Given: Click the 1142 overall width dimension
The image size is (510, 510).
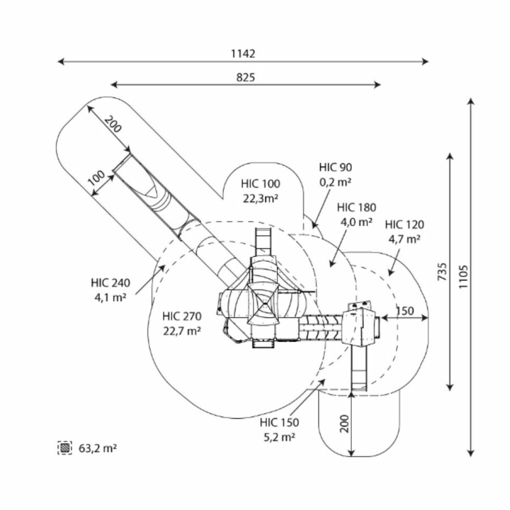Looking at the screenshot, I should (x=243, y=54).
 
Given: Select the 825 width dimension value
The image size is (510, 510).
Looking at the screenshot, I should (x=245, y=78).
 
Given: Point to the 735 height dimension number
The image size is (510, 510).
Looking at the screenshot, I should (x=443, y=273).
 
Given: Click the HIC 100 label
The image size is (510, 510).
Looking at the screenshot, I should (x=260, y=184).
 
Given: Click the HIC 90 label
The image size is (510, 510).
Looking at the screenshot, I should (x=335, y=167).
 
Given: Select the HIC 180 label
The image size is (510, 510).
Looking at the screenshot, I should (x=356, y=208).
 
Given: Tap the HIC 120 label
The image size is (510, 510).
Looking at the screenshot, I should (x=404, y=225).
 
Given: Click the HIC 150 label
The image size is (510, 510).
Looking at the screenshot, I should (x=279, y=423).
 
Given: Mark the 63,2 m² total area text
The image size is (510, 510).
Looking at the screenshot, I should (x=97, y=448).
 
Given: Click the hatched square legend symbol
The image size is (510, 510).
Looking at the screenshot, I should (x=65, y=448).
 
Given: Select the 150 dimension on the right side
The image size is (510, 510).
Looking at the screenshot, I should (x=405, y=311).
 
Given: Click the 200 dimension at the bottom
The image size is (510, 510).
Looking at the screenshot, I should (x=344, y=423).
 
